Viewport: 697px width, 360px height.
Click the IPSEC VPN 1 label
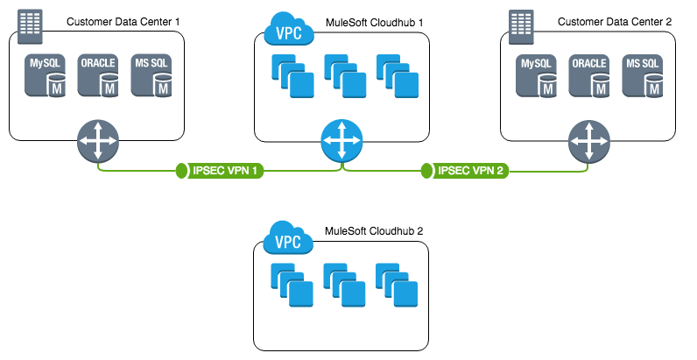point(225,170)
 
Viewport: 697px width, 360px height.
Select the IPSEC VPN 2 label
point(471,170)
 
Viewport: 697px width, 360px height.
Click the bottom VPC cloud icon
point(289,237)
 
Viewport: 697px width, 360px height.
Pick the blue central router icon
point(341,140)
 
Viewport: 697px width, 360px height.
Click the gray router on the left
point(97,140)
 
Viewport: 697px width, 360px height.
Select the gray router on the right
point(589,140)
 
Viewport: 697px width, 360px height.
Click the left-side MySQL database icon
point(46,75)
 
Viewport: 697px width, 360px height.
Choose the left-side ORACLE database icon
point(98,75)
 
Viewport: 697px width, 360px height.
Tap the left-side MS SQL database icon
point(151,75)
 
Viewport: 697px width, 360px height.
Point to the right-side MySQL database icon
point(537,75)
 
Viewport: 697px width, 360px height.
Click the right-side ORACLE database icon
point(589,75)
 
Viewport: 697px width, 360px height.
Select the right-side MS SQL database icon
point(643,75)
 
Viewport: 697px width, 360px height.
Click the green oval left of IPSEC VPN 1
point(181,170)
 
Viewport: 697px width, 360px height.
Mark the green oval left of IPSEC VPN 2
point(427,170)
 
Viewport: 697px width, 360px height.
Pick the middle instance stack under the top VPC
point(345,76)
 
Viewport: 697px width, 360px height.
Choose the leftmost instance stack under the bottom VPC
point(292,285)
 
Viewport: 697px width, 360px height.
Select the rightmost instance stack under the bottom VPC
point(397,285)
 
